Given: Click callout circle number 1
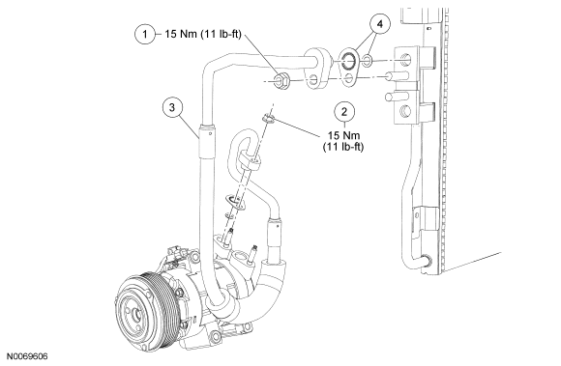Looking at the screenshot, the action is click(145, 34).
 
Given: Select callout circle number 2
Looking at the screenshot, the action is click(344, 111).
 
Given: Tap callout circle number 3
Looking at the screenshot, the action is click(172, 107).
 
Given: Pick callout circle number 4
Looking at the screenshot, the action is click(379, 24).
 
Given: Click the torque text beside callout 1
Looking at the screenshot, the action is click(203, 34).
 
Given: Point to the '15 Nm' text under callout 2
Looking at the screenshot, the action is click(343, 135).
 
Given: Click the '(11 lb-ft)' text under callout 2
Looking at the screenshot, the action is click(343, 147).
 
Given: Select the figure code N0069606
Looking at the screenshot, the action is click(27, 356).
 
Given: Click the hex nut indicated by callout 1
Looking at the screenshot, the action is click(280, 80).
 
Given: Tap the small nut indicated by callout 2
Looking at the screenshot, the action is click(268, 119).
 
